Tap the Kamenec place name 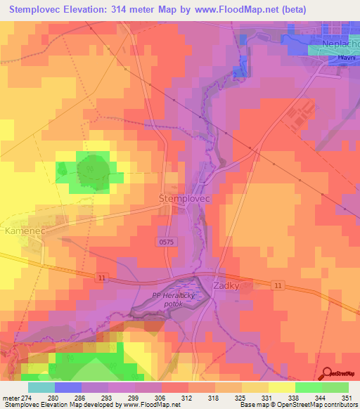(x=25, y=231)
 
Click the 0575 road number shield (x=165, y=240)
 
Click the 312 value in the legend (x=188, y=398)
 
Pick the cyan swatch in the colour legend (x=41, y=387)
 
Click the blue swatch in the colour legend (x=68, y=387)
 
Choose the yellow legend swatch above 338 (x=282, y=387)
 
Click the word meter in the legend (x=11, y=398)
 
